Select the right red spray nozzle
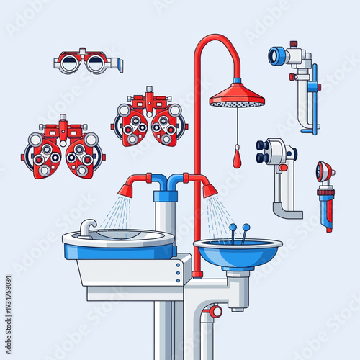(210, 190)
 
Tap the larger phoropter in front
(63, 152)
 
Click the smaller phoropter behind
(150, 119)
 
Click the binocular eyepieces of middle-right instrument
(264, 150)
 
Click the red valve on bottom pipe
(215, 312)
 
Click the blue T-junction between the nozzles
(168, 182)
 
